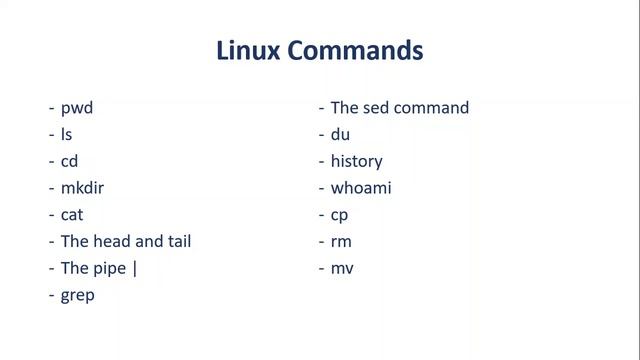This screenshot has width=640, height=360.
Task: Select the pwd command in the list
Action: coord(77,108)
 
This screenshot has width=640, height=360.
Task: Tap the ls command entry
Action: coord(66,134)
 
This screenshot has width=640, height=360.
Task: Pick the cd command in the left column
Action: coord(70,161)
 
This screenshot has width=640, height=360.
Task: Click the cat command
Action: coord(72,215)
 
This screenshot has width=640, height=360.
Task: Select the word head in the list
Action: coord(112,241)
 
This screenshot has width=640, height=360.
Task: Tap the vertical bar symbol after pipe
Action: coord(134,268)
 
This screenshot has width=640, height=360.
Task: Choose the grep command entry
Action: coord(78,296)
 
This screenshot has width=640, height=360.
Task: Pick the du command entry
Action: coord(341,134)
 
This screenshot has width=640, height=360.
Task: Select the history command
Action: coord(357,161)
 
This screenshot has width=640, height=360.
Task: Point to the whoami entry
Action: coord(362,188)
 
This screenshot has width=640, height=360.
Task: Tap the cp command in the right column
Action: coord(340,215)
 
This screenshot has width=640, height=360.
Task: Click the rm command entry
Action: coord(342,241)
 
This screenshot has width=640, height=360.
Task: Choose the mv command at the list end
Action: coord(343,268)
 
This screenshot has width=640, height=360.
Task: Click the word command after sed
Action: coord(433,108)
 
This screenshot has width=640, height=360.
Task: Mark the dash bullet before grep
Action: coord(51,296)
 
